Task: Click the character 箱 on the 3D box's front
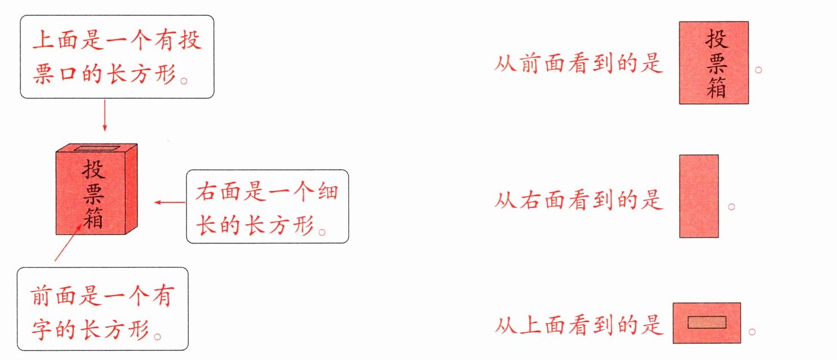[94, 217]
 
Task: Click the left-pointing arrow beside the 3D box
[170, 202]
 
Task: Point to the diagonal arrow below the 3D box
[71, 241]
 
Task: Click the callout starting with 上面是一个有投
[117, 57]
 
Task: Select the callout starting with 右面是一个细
[267, 206]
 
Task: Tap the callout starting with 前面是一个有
[102, 309]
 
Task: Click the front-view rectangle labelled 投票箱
[714, 63]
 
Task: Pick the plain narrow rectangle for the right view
[699, 196]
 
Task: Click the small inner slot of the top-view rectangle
[706, 322]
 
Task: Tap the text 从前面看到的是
[578, 64]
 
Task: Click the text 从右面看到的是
[578, 200]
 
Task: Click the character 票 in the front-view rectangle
[715, 64]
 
